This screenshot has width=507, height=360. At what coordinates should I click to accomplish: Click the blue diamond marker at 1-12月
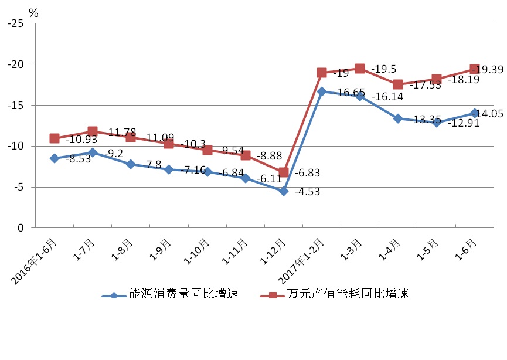tap(284, 191)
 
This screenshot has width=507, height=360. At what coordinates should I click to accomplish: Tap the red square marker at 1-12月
tap(284, 172)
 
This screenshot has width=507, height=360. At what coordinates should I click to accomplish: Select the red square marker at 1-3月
tap(360, 69)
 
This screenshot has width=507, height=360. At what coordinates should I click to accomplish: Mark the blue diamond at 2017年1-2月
tap(322, 91)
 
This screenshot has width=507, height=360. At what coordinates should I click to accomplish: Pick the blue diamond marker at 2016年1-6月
tap(55, 158)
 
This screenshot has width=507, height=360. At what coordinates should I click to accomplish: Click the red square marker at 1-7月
tap(93, 131)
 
